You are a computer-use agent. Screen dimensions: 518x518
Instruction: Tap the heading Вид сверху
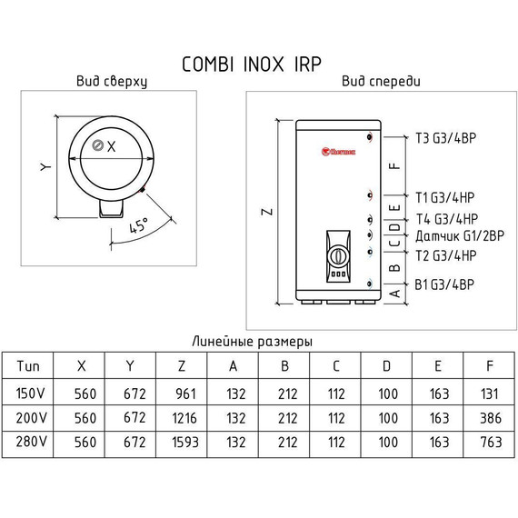click(112, 82)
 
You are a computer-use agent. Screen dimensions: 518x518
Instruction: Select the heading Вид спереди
click(381, 82)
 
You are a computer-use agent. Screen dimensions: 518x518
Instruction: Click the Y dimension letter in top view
click(42, 166)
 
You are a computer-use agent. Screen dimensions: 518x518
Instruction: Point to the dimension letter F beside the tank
click(393, 166)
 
